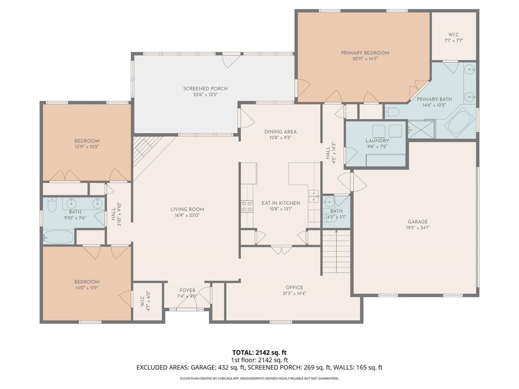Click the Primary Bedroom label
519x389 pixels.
click(x=365, y=53)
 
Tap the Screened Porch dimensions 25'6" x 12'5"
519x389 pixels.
click(x=205, y=95)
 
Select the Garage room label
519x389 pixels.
click(x=418, y=222)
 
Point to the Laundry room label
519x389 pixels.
click(x=377, y=141)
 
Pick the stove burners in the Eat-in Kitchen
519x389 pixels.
click(x=247, y=207)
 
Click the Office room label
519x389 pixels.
click(x=294, y=288)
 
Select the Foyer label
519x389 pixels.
click(x=188, y=290)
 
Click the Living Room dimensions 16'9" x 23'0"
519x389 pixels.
click(x=188, y=215)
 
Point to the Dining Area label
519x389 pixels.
click(x=280, y=132)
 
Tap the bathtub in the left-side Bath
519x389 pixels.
click(x=58, y=237)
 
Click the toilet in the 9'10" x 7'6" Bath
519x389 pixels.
click(x=52, y=205)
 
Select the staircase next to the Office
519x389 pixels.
click(x=336, y=251)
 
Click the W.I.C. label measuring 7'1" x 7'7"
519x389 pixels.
click(x=454, y=34)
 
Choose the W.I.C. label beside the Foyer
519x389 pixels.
click(x=142, y=301)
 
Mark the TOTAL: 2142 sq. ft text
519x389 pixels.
click(x=259, y=353)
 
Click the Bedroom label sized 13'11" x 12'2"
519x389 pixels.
click(x=87, y=141)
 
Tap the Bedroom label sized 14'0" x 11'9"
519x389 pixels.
click(x=87, y=282)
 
